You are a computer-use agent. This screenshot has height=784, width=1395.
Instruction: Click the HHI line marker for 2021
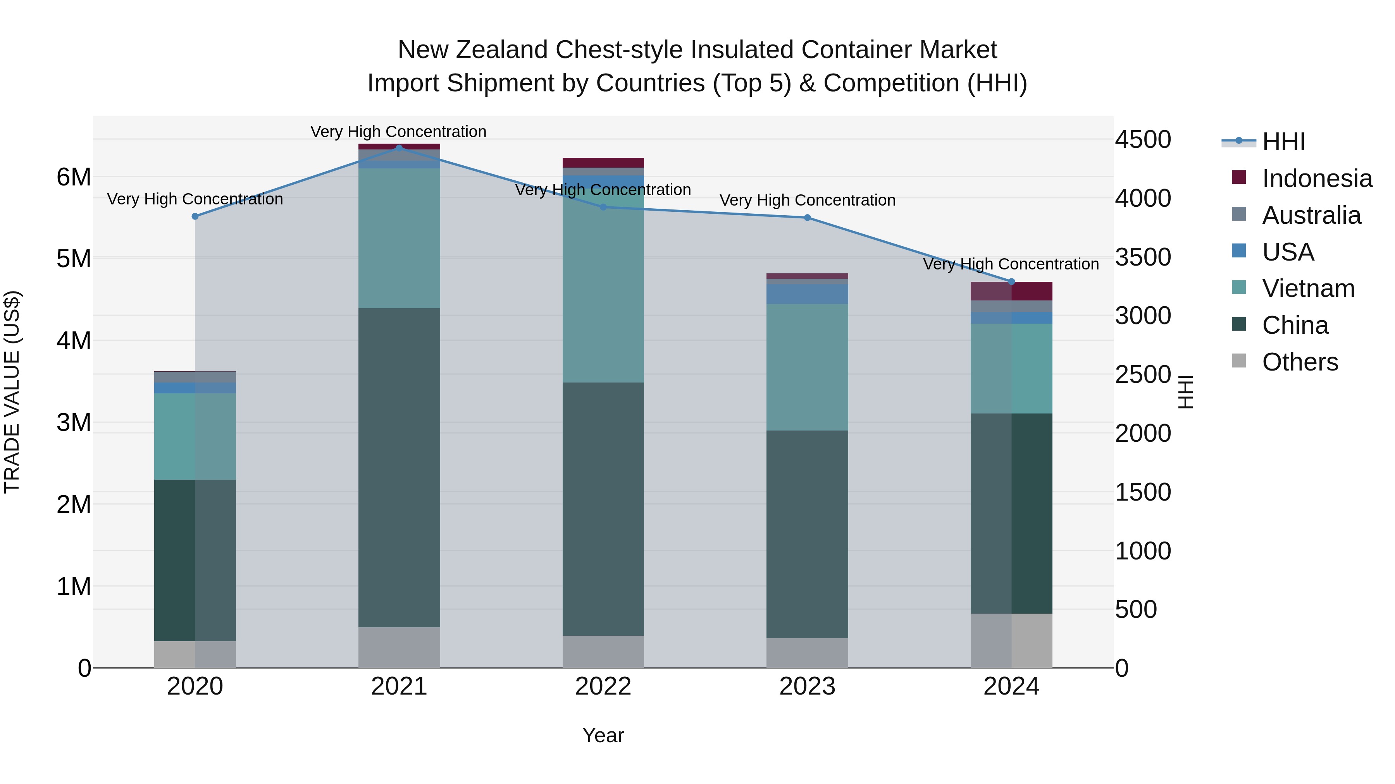click(x=399, y=148)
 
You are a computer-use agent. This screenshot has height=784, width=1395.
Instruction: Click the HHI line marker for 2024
click(x=1011, y=282)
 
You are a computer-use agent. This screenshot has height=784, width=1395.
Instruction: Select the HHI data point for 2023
click(x=807, y=218)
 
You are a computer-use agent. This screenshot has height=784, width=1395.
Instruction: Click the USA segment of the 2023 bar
click(x=807, y=294)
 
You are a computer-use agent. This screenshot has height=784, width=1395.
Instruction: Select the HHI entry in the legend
click(x=1283, y=142)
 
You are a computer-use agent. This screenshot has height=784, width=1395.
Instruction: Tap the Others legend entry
click(x=1300, y=362)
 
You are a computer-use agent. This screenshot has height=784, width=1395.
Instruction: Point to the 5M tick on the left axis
click(x=74, y=259)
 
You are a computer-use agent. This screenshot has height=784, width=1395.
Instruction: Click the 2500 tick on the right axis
click(x=1143, y=374)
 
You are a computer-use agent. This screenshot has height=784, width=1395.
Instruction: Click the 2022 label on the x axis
click(x=603, y=686)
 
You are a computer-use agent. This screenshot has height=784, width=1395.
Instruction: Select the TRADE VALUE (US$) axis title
click(x=12, y=392)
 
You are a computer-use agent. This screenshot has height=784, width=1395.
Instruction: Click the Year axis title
click(x=603, y=735)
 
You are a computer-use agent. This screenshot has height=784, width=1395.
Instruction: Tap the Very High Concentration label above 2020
click(x=195, y=199)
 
